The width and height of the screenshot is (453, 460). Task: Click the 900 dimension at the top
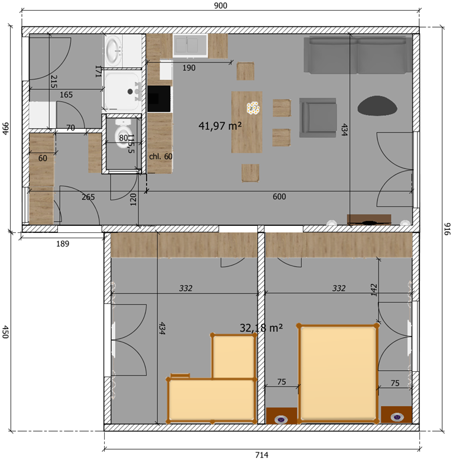click(x=221, y=5)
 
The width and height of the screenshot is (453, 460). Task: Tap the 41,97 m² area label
click(x=220, y=126)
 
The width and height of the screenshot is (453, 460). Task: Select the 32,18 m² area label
click(x=261, y=328)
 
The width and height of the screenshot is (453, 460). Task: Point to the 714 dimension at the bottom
click(x=261, y=455)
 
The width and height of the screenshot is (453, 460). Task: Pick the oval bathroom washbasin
click(x=114, y=50)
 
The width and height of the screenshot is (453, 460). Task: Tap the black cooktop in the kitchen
click(x=159, y=99)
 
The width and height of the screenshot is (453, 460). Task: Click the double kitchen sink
click(x=190, y=46)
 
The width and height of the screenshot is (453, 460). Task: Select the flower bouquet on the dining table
click(x=253, y=108)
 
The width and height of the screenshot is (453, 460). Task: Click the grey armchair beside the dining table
click(x=318, y=118)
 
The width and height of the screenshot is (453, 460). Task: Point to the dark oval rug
click(x=377, y=106)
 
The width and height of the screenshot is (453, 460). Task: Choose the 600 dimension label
click(x=279, y=196)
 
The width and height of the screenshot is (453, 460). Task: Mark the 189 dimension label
click(x=63, y=244)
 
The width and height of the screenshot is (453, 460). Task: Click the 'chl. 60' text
click(x=160, y=156)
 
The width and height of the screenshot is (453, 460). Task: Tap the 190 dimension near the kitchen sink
click(x=189, y=68)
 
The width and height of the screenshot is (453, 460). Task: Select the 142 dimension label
click(x=374, y=290)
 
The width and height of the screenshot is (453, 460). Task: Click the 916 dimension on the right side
click(x=446, y=229)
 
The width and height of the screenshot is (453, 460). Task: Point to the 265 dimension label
click(x=88, y=197)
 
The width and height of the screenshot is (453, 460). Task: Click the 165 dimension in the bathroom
click(x=66, y=95)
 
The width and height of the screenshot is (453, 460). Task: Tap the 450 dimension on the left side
click(x=5, y=332)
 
